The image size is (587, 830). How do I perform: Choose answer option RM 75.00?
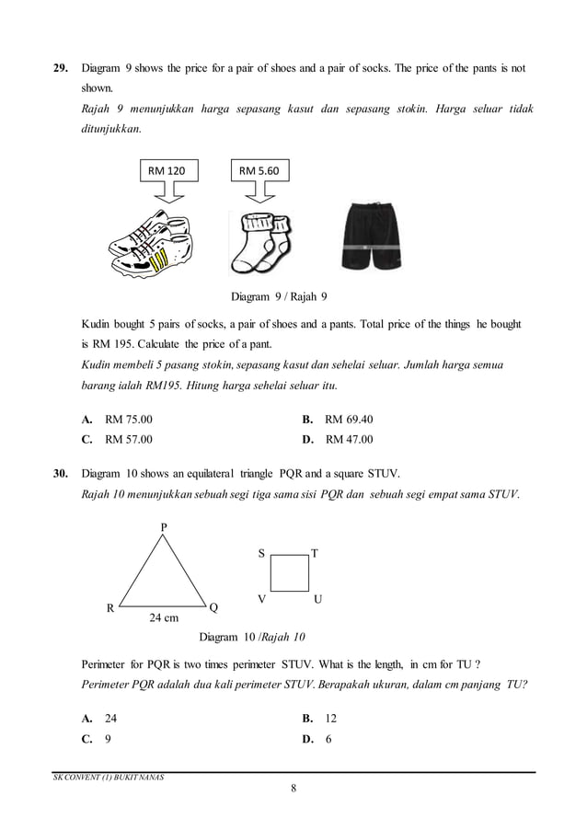(129, 420)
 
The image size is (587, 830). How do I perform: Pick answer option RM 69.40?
(349, 420)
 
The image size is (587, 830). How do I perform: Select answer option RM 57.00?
(129, 440)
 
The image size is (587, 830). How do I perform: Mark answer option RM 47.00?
(349, 440)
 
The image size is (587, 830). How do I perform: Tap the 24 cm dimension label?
(164, 617)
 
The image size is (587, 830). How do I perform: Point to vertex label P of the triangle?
(164, 526)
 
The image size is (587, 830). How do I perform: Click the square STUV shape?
(290, 573)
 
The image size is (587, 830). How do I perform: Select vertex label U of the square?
(317, 599)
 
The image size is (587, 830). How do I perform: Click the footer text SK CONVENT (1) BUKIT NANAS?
(102, 778)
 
